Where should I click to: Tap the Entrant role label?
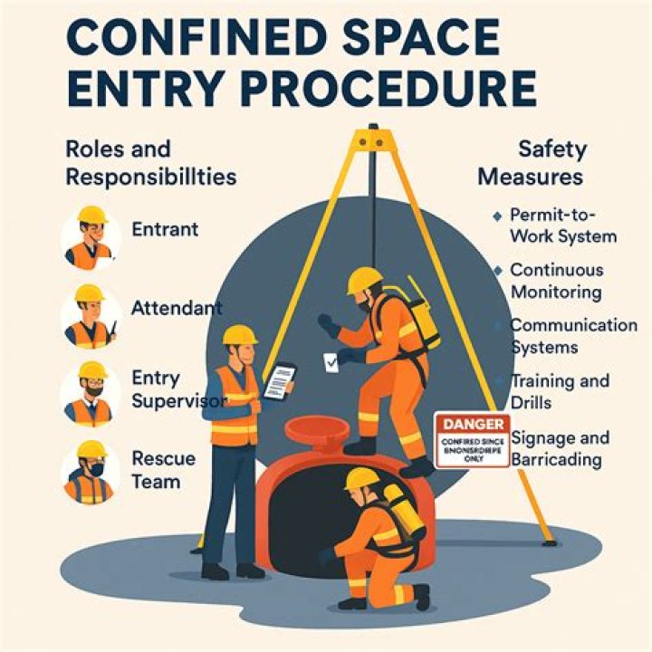click(x=165, y=230)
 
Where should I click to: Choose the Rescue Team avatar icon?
click(x=91, y=471)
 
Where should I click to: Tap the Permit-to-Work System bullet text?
click(x=563, y=225)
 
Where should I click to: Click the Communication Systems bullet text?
click(x=572, y=336)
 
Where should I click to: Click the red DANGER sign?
click(x=471, y=441)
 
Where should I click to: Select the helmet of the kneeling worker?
click(x=363, y=478)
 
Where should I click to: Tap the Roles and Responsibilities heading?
click(x=150, y=161)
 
